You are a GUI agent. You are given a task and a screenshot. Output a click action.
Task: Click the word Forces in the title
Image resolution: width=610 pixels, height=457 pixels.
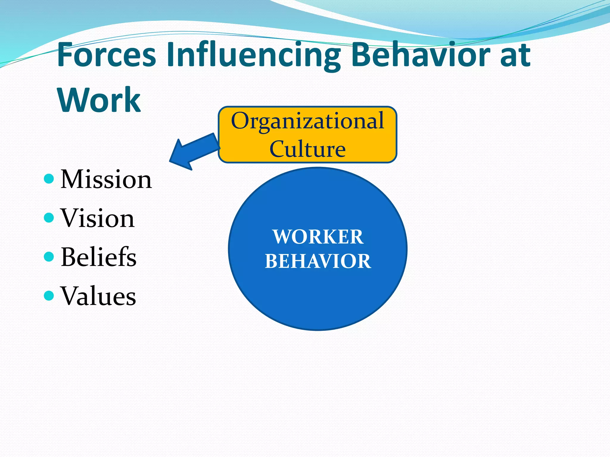106,54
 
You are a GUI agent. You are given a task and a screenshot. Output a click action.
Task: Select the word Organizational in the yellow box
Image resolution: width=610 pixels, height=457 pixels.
307,121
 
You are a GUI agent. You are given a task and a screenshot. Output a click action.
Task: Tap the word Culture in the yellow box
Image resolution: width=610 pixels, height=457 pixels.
307,149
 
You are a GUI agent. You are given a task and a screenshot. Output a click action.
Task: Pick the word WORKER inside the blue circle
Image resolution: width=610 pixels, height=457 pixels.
318,237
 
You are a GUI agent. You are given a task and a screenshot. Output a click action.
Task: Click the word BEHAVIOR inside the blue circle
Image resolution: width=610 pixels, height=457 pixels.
318,261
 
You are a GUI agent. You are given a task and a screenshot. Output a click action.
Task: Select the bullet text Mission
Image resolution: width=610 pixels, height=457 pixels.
106,179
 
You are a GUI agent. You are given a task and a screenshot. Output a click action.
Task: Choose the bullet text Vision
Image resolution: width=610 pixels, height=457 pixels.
97,218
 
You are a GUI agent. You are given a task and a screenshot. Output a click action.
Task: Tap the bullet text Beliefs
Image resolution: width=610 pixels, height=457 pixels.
98,257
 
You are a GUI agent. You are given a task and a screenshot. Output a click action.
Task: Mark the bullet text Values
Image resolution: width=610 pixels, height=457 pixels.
98,296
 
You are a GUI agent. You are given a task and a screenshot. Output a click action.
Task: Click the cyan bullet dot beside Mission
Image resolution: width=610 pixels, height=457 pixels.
49,179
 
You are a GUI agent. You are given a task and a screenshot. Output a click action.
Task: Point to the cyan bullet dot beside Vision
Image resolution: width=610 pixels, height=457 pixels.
49,218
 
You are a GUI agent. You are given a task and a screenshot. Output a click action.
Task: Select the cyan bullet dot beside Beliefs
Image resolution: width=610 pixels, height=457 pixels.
49,256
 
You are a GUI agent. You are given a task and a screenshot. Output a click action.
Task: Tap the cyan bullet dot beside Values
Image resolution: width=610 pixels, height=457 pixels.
49,295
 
